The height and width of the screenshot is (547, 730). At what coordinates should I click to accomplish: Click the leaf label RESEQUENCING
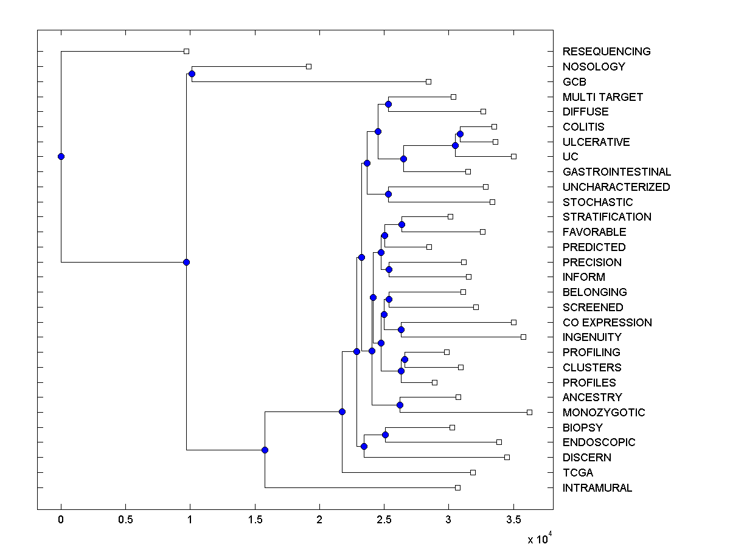[606, 52]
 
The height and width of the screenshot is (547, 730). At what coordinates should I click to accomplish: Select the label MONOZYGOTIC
[603, 413]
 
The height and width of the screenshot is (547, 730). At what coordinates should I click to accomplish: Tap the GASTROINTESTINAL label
[617, 172]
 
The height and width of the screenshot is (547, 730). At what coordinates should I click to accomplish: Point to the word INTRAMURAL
[597, 488]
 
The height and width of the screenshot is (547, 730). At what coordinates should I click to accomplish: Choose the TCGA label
[577, 473]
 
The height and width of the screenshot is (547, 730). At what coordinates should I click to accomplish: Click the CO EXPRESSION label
[607, 323]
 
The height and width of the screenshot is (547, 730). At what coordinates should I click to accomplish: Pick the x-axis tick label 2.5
[384, 520]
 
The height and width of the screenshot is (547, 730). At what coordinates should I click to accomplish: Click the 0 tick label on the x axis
[61, 520]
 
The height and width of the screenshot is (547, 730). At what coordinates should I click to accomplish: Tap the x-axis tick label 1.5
[255, 520]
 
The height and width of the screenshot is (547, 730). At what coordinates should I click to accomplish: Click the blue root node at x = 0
[61, 156]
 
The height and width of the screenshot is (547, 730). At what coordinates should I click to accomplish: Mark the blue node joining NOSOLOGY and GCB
[192, 74]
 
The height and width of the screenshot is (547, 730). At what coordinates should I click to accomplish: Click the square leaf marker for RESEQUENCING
[186, 51]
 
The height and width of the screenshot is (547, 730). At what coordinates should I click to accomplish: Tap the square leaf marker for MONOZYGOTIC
[529, 412]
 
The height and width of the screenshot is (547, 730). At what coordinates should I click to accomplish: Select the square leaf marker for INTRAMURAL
[457, 487]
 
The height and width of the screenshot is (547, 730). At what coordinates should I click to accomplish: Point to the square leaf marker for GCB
[428, 81]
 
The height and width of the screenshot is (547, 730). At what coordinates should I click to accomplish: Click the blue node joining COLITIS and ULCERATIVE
[460, 134]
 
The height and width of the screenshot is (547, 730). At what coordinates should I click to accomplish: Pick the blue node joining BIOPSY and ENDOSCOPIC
[385, 435]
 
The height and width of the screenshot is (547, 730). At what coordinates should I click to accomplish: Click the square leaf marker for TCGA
[473, 472]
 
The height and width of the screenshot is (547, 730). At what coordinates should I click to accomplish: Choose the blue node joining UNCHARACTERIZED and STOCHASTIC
[388, 194]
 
